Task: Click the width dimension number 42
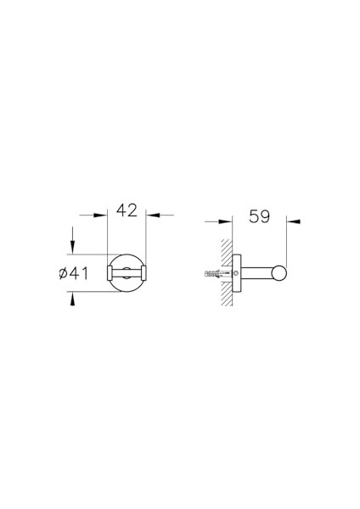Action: click(127, 210)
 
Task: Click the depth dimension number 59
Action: click(259, 216)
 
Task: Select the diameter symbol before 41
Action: click(64, 273)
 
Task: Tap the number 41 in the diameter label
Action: click(79, 273)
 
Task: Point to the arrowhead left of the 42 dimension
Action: click(100, 215)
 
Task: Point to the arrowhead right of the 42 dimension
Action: click(153, 215)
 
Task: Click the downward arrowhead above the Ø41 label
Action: click(72, 248)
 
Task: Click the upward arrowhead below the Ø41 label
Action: click(72, 299)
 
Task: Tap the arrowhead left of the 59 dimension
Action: click(226, 221)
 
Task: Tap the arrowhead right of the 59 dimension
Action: click(294, 221)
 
